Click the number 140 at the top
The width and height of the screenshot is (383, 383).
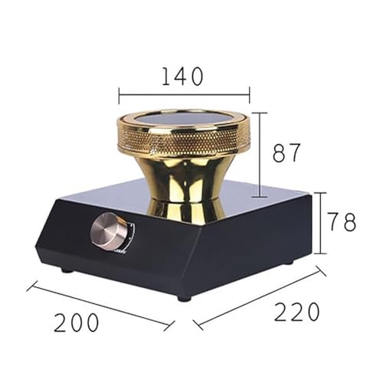[183, 77]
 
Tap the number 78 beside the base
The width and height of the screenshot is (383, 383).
[342, 222]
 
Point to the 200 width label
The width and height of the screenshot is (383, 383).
[77, 322]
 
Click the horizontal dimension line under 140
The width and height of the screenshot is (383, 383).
[184, 95]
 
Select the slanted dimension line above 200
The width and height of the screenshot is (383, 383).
[100, 306]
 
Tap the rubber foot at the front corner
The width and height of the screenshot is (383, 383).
[183, 296]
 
